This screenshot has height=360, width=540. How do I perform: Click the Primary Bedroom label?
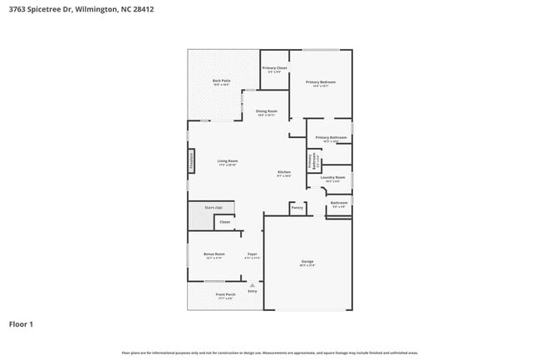point(321,81)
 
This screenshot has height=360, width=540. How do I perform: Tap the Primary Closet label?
point(274,67)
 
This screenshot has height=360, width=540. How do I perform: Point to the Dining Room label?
point(267,111)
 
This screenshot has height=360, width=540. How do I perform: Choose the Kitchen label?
point(284,172)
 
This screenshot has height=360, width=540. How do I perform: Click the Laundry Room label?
point(334,177)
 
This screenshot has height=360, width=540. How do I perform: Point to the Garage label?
point(307,261)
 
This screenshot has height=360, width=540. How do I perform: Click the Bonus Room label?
point(215,254)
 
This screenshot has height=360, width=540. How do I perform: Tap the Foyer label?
point(253,254)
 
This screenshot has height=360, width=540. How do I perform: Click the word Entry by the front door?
point(253,291)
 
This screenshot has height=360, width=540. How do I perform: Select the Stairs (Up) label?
point(214,207)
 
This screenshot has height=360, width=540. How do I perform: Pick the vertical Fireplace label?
point(193,160)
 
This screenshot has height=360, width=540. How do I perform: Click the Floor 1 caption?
point(22,324)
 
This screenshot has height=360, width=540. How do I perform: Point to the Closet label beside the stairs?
point(224,222)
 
